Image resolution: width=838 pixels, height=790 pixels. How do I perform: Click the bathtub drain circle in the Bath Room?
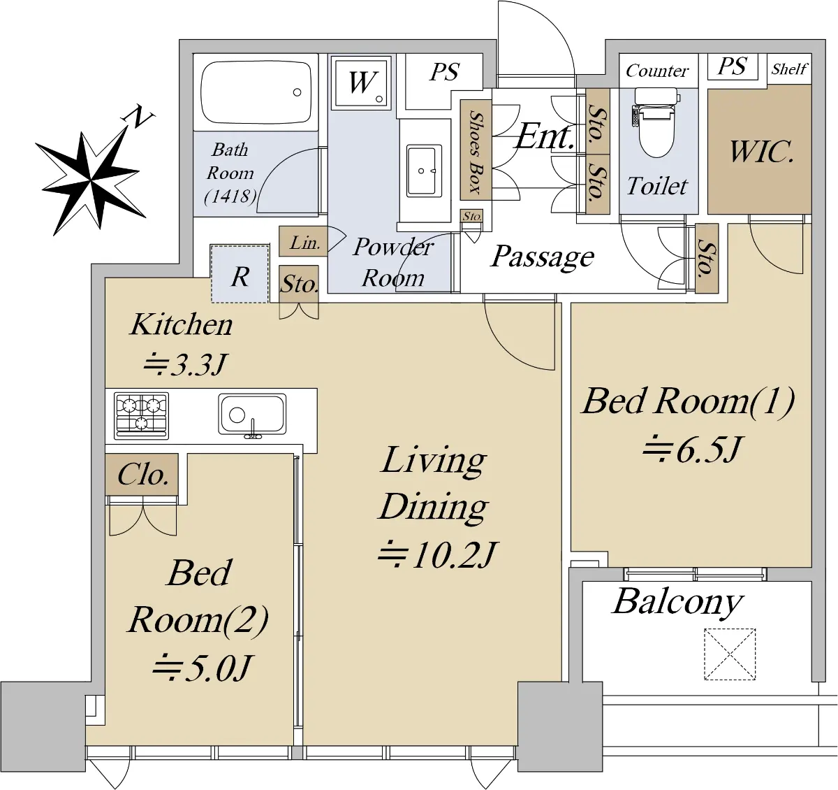click(297, 92)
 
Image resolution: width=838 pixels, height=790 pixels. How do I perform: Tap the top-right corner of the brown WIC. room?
click(811, 85)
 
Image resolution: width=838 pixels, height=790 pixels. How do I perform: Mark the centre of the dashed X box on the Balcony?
click(730, 654)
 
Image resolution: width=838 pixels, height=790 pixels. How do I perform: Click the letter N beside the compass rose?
click(138, 117)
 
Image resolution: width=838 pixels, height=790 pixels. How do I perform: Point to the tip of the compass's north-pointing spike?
click(127, 127)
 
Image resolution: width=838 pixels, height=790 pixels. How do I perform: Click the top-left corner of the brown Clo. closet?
click(105, 454)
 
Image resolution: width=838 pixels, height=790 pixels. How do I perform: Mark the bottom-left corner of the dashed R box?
click(211, 303)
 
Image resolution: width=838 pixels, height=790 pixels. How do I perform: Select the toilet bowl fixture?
click(657, 122)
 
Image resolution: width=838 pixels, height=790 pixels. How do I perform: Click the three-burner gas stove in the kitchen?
click(141, 416)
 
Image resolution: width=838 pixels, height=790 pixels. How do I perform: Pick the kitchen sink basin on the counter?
click(252, 415)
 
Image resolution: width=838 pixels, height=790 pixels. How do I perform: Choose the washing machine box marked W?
click(361, 82)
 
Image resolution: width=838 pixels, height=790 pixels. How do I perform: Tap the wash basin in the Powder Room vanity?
click(422, 171)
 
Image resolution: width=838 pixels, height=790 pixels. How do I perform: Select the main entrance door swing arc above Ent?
click(536, 38)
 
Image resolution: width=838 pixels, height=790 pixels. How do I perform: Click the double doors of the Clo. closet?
click(143, 516)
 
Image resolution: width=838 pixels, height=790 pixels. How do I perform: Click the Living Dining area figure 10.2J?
click(436, 554)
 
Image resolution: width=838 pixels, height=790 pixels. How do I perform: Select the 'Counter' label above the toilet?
click(657, 71)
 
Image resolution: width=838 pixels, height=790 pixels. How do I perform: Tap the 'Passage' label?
click(542, 257)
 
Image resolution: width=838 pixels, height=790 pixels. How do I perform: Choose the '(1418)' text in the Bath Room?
click(230, 196)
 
